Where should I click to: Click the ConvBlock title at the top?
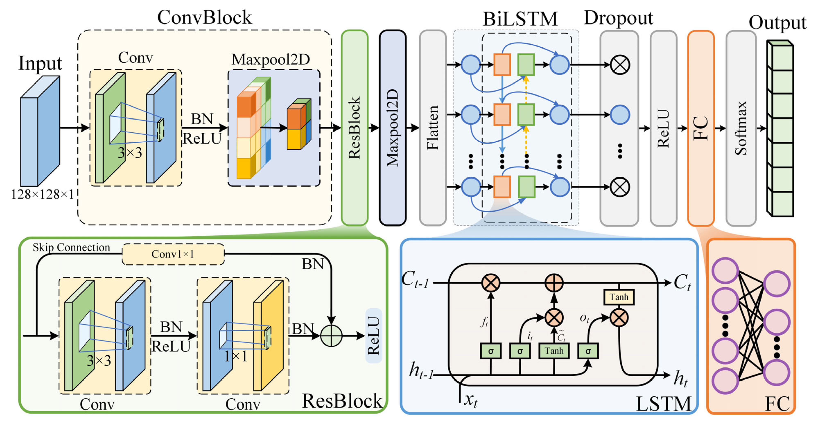(205, 17)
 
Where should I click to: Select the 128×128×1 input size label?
(42, 194)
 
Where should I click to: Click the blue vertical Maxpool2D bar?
(392, 128)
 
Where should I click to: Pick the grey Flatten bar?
(433, 128)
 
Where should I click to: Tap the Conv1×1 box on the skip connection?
(173, 254)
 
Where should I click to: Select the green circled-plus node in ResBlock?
(331, 336)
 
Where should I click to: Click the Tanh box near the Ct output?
(619, 297)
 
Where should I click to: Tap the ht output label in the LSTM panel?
(681, 378)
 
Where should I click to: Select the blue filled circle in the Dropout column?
(620, 115)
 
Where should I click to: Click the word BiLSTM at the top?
(520, 19)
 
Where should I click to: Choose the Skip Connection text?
(71, 247)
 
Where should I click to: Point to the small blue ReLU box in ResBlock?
(373, 336)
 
